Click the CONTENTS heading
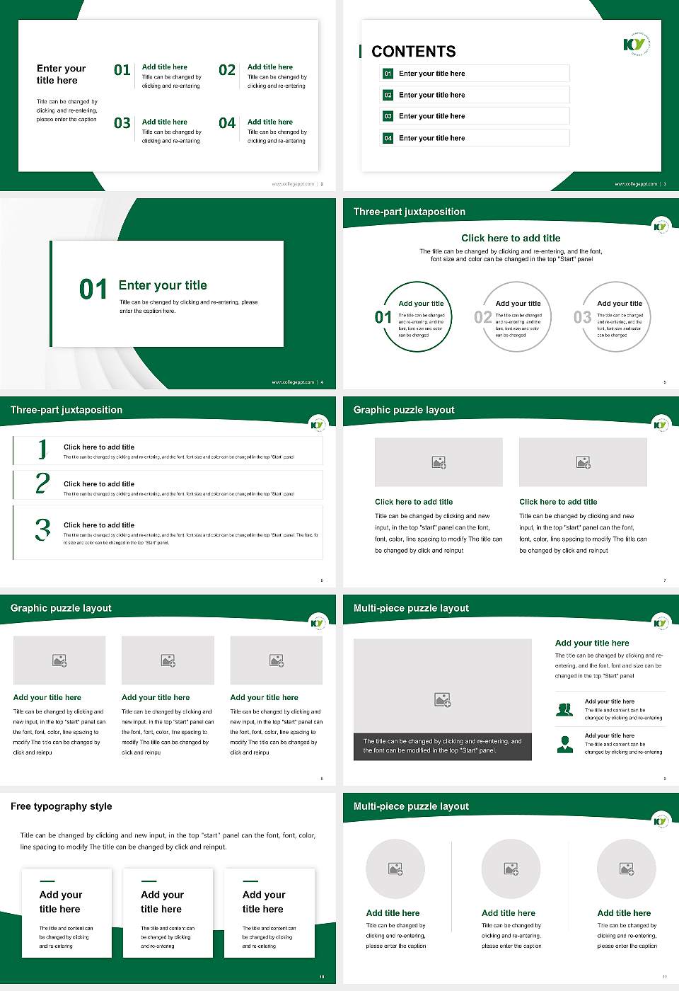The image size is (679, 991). [x=414, y=52]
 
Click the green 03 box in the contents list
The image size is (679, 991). [x=388, y=116]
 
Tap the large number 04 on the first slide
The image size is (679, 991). [x=227, y=123]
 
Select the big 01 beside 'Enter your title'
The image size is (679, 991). [x=93, y=289]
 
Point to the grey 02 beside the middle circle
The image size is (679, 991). [x=483, y=317]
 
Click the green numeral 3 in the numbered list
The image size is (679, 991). [x=43, y=530]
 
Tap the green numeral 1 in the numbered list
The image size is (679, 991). [x=42, y=449]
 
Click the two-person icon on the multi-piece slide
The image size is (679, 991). [x=564, y=709]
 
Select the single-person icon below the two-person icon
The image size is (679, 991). [x=564, y=744]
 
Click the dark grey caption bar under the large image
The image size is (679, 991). [x=442, y=746]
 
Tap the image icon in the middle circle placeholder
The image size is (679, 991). [x=511, y=869]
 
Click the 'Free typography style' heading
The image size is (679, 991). [x=62, y=806]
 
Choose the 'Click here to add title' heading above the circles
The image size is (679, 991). [x=511, y=239]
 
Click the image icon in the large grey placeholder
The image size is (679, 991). [x=442, y=700]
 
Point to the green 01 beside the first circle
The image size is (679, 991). [x=383, y=317]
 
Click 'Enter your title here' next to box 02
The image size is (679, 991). [x=431, y=95]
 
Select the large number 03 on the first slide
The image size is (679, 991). [x=122, y=123]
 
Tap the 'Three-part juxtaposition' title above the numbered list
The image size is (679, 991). [x=66, y=410]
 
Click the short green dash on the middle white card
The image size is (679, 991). [x=149, y=881]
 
